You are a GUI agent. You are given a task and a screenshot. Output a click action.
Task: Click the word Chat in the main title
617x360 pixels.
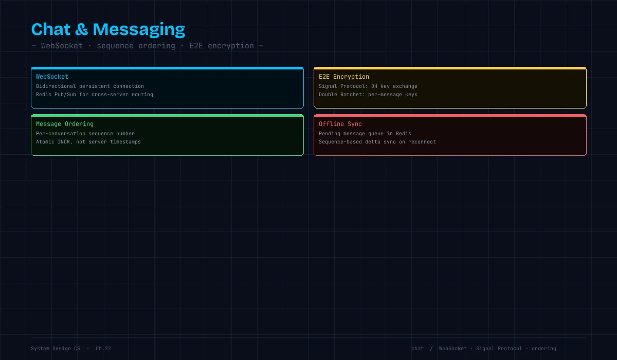(51, 29)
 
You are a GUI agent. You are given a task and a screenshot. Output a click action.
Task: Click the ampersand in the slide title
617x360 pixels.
(82, 29)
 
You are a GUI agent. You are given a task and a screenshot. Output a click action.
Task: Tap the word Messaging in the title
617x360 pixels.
(139, 30)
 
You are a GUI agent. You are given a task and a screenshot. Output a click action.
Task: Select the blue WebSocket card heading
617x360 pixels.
(52, 77)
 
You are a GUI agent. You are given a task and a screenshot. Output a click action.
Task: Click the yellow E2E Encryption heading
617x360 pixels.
(344, 77)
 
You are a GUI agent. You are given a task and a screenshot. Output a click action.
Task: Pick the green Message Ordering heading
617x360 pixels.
(65, 124)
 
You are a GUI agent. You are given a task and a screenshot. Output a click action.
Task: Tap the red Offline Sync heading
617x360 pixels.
(340, 124)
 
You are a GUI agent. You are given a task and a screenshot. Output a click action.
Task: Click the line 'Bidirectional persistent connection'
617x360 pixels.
(90, 86)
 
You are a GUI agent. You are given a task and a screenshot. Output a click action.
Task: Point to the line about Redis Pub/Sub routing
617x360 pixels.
(95, 95)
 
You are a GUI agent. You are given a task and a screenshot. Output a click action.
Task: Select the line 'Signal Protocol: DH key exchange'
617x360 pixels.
(368, 86)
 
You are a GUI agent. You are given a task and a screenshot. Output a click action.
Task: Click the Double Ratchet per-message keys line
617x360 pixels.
(368, 95)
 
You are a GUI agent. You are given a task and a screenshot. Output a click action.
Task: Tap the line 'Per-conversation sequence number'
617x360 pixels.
(85, 134)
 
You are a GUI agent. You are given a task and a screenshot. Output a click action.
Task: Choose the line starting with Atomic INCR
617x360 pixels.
(88, 142)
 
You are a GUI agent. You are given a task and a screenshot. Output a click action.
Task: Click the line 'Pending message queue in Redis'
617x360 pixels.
(365, 134)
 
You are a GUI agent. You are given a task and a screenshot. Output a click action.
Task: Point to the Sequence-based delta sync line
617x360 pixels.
(377, 142)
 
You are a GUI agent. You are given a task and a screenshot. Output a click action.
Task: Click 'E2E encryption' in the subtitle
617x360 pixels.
(222, 46)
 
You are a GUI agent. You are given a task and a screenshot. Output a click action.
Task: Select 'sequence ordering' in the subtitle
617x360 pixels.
(136, 46)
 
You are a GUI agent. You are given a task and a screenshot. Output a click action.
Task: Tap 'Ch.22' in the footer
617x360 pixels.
(103, 349)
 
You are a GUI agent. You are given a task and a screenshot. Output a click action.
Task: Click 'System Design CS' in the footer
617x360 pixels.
(56, 349)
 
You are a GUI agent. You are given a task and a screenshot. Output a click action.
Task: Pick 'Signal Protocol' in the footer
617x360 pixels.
(499, 349)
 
